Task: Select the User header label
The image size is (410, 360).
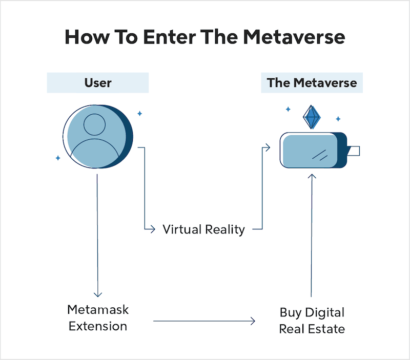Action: click(x=97, y=82)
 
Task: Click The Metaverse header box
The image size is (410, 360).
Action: click(x=312, y=82)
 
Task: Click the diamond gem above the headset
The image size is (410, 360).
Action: click(x=311, y=117)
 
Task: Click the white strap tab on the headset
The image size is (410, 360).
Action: click(x=353, y=151)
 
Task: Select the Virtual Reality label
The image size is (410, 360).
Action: click(x=203, y=229)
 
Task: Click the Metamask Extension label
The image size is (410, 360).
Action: click(x=97, y=318)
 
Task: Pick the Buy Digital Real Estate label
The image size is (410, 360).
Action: click(x=312, y=320)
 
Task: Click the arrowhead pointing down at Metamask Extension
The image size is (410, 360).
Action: click(x=97, y=294)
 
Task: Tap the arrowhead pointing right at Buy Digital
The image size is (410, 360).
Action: click(x=252, y=321)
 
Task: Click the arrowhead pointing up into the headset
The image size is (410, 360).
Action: click(x=312, y=176)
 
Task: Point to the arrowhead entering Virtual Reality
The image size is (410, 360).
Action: click(x=152, y=229)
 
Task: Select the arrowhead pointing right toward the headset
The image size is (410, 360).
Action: click(x=267, y=147)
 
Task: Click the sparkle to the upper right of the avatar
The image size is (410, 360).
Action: click(x=139, y=113)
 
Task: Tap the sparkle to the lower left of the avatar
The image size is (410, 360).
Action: click(x=57, y=158)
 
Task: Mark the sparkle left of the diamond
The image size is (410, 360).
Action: click(x=288, y=109)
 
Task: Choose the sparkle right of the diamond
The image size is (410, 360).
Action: click(x=338, y=119)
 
